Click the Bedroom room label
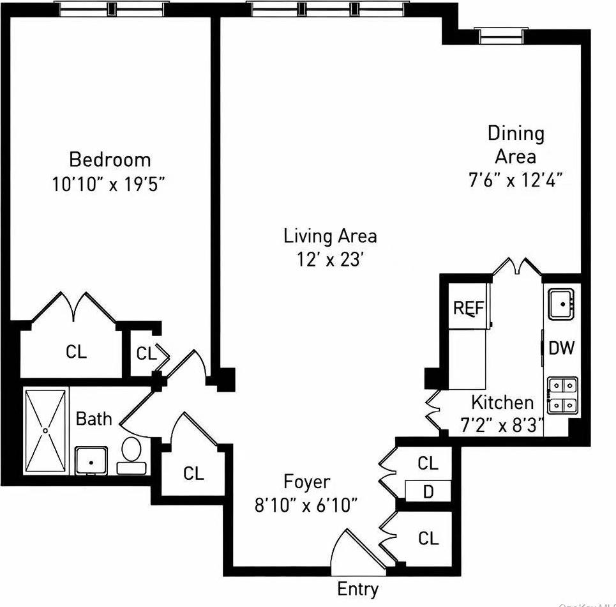110,159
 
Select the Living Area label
330,236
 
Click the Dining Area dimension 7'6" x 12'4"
515,180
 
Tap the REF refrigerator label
469,308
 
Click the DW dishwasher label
562,348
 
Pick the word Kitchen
502,403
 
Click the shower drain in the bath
45,431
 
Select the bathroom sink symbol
91,460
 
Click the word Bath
94,419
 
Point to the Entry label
357,588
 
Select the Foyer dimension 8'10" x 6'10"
306,505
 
